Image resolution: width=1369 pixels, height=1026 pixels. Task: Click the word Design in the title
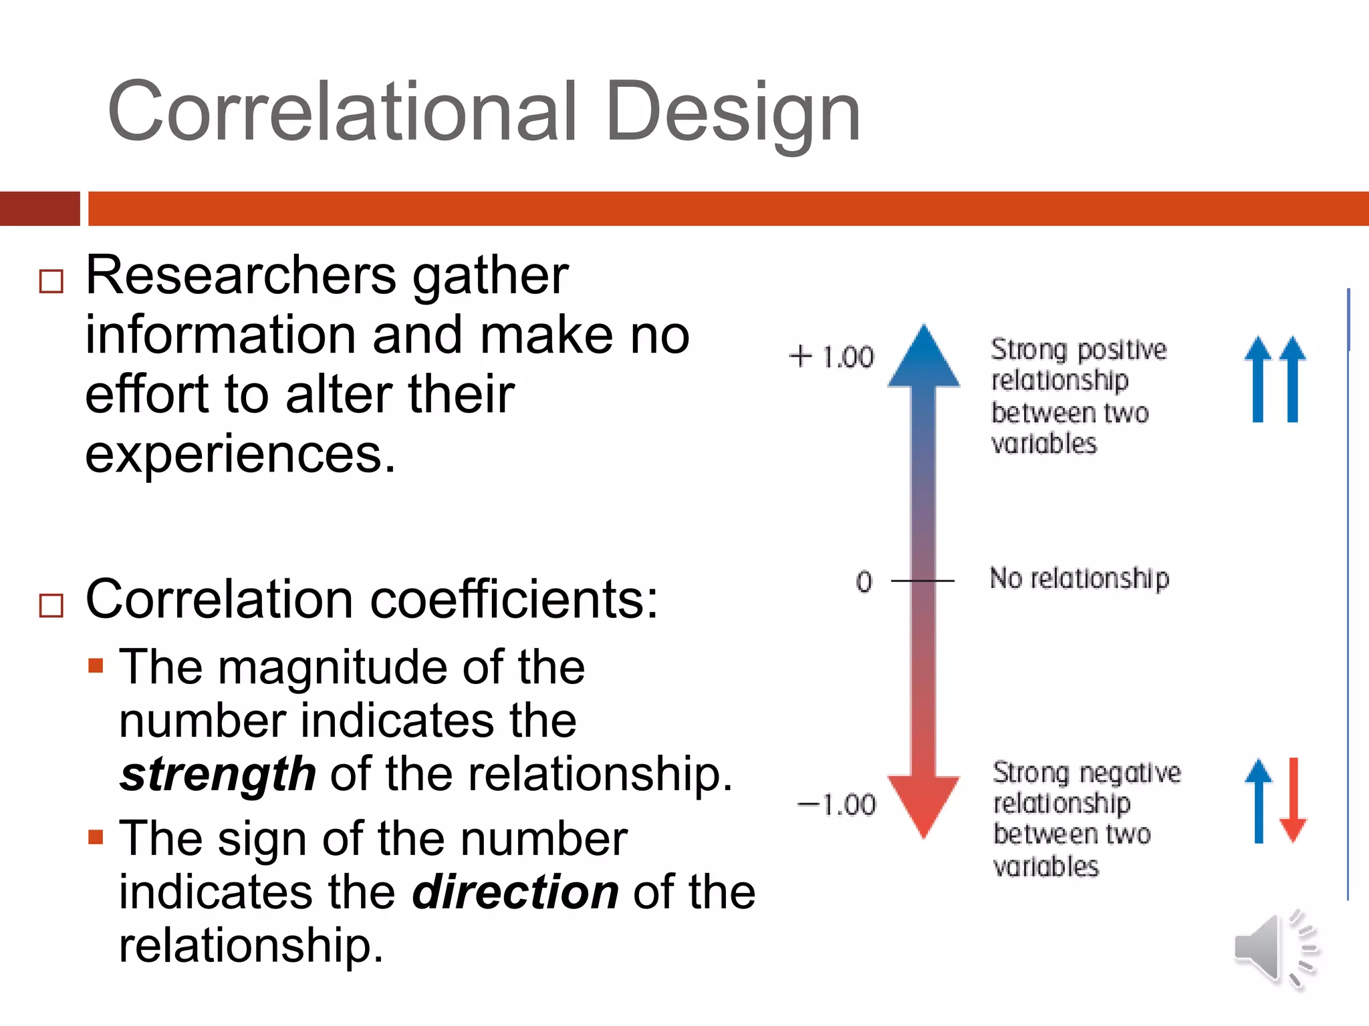[733, 112]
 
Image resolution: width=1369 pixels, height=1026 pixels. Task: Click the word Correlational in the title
[342, 112]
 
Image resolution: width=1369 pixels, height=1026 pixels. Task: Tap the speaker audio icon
[1274, 949]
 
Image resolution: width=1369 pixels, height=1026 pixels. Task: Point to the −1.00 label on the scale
[836, 805]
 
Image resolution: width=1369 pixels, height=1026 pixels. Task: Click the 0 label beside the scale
[864, 581]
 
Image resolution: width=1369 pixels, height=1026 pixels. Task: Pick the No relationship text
[1079, 578]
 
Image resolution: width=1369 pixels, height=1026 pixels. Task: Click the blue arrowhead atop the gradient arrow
[924, 357]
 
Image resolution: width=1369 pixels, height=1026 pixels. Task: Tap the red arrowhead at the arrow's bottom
[924, 805]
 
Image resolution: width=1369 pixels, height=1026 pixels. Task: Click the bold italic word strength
[217, 775]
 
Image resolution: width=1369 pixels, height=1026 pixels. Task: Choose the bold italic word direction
[515, 892]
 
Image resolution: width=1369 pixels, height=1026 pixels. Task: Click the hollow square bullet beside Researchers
[51, 281]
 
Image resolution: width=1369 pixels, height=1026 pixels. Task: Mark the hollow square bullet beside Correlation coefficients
[51, 605]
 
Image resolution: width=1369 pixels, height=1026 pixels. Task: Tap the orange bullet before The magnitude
[96, 665]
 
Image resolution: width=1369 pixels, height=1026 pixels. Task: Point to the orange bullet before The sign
[96, 837]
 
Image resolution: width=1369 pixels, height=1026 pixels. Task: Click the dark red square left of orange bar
[39, 208]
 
